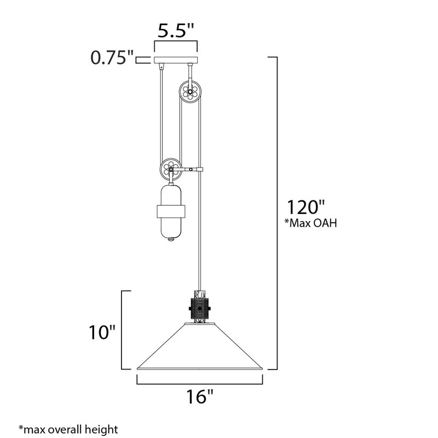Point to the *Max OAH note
click(310, 223)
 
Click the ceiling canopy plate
click(176, 60)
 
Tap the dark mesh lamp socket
click(200, 309)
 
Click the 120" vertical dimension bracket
click(279, 214)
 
